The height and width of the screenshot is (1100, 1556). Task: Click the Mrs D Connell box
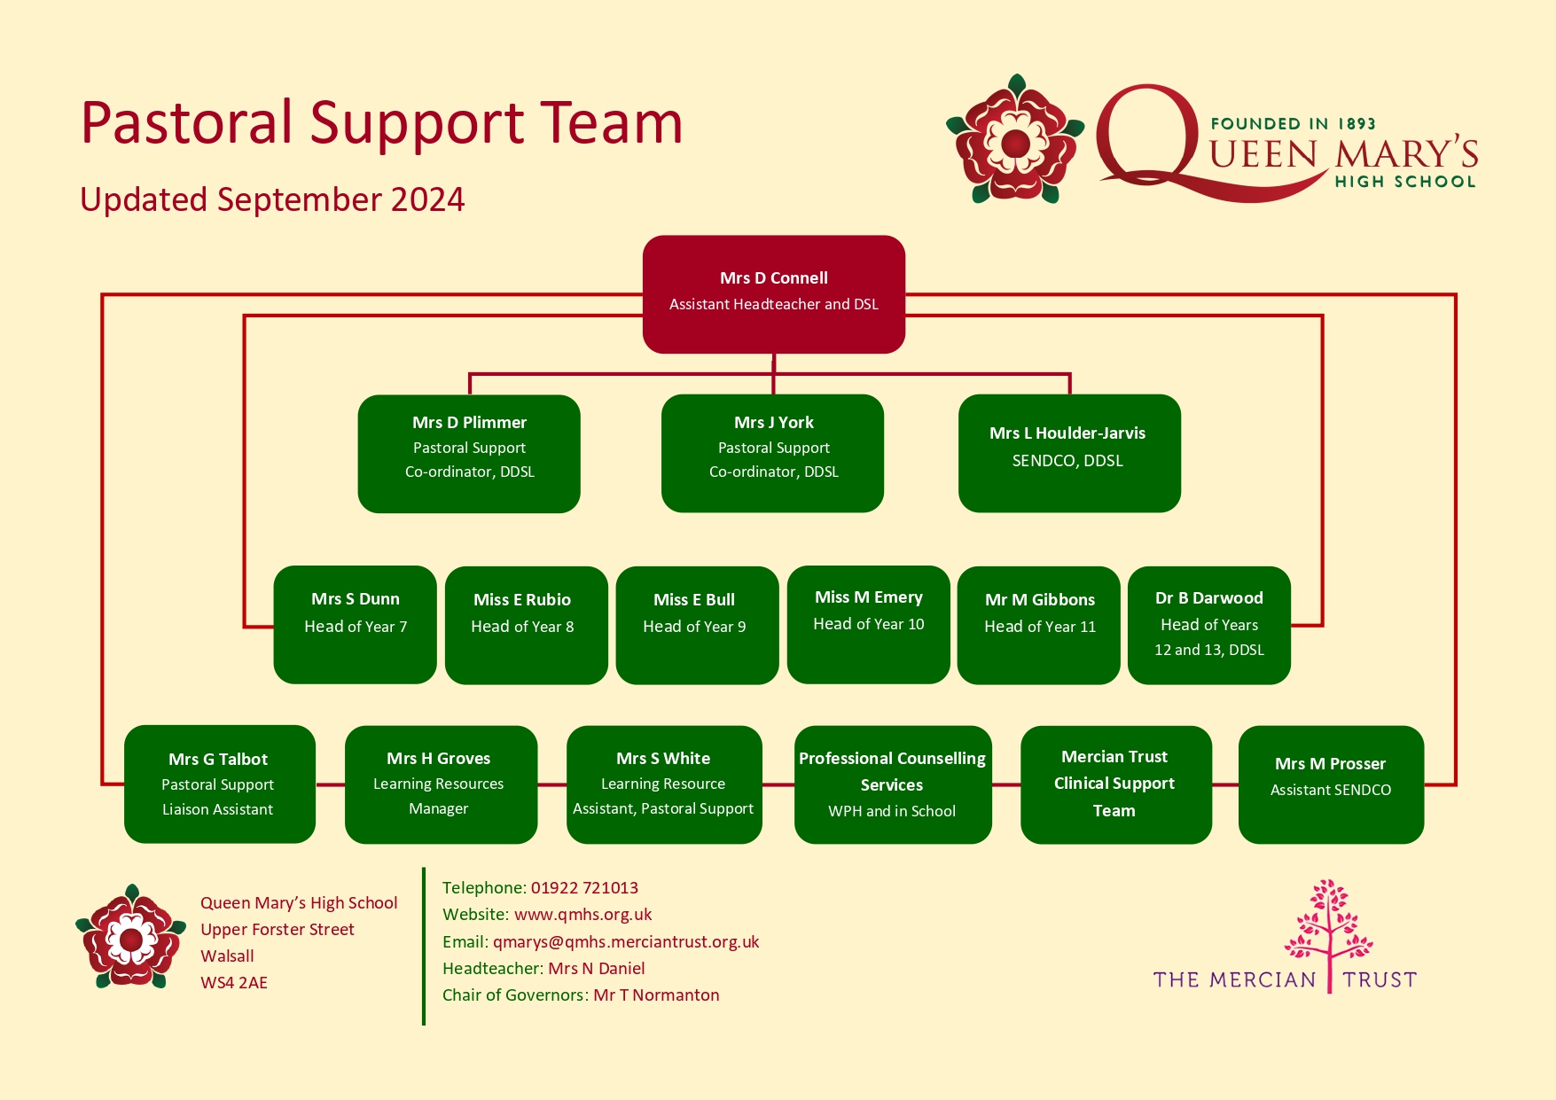coord(773,294)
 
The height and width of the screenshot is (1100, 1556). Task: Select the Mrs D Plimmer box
coord(469,454)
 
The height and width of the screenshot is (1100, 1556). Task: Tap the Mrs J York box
coord(773,454)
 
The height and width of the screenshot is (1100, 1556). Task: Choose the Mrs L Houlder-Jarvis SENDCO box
coord(1069,454)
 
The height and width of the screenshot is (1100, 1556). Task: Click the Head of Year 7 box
coord(356,625)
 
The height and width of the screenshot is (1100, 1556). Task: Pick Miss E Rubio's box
coord(527,625)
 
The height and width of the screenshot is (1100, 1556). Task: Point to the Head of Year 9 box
coord(698,625)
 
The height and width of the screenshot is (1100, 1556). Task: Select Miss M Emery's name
coord(869,597)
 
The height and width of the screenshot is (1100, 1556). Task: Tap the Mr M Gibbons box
coord(1039,625)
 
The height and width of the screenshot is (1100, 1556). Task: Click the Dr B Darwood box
coord(1209,625)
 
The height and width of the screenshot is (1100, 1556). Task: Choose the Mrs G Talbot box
coord(220,784)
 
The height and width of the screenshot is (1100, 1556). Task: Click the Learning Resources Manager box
coord(441,784)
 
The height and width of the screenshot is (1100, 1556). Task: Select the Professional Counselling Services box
coord(893,784)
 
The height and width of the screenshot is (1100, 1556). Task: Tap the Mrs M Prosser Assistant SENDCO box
coord(1331,784)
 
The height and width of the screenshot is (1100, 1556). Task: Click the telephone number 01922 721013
coord(584,888)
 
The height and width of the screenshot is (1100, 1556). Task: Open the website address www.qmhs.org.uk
coord(583,915)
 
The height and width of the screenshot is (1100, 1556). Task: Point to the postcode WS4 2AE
coord(234,983)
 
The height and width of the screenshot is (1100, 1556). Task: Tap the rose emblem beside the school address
coord(131,936)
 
